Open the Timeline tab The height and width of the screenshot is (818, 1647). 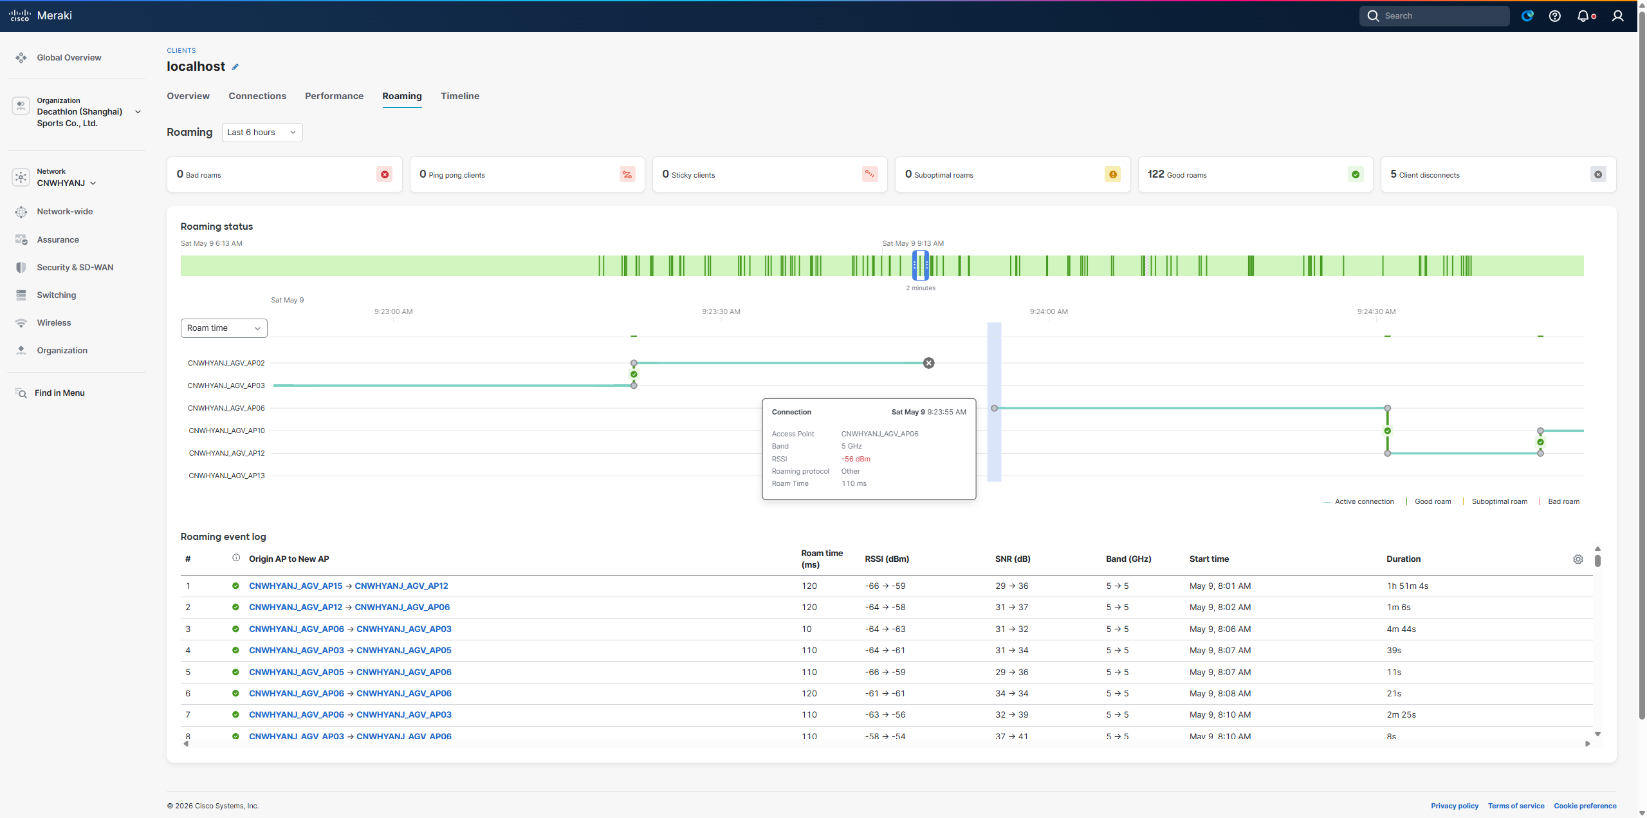459,96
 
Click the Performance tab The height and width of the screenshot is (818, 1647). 334,96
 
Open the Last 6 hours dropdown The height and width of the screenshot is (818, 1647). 262,133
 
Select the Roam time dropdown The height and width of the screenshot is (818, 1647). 224,328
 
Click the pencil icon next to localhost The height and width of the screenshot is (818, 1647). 235,67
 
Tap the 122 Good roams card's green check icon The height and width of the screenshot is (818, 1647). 1356,174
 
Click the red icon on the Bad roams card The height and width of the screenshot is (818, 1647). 385,174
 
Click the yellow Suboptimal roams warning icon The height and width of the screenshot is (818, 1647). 1112,174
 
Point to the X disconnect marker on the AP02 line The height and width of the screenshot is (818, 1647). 928,363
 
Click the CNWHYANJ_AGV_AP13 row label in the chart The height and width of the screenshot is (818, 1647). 226,476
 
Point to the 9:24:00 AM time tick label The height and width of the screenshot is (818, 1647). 1049,311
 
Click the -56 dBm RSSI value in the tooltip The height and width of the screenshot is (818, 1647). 856,459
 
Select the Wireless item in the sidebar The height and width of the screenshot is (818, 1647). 54,323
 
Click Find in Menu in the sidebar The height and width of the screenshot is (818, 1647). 59,393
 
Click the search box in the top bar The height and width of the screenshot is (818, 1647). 1434,16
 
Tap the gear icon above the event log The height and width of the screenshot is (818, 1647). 1578,559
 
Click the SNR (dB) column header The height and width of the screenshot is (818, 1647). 1013,559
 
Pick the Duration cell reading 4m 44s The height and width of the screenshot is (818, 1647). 1401,629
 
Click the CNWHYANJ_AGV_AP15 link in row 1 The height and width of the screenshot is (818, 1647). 296,586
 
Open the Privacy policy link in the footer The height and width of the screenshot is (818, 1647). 1455,806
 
